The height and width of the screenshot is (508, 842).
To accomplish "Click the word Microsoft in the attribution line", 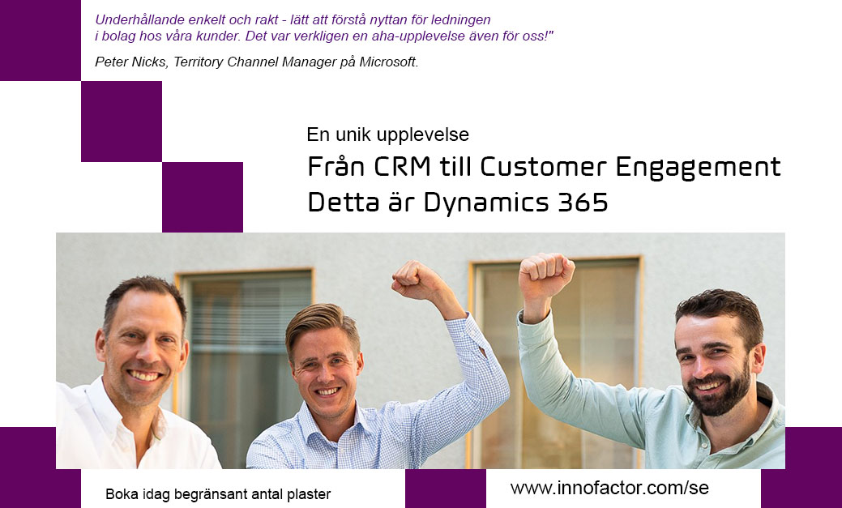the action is (x=388, y=62).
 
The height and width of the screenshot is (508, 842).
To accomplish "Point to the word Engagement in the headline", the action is (x=698, y=168).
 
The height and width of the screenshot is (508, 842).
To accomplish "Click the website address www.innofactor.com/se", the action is (x=609, y=488).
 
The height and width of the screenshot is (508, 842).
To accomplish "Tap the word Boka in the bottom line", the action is (x=118, y=494).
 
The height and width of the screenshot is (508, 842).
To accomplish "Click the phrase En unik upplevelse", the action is (x=387, y=134).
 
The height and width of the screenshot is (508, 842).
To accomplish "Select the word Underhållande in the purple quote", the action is (x=132, y=20).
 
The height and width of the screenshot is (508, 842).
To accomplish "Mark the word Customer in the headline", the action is (x=544, y=166).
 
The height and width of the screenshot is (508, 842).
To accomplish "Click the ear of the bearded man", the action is (x=758, y=358).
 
